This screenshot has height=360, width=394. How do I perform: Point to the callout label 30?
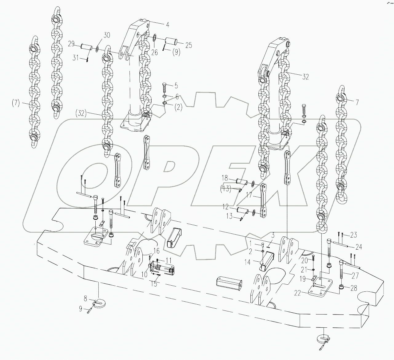point(106,35)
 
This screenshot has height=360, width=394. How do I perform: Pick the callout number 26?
point(154,53)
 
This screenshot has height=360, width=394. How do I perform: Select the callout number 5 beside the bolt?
point(176,85)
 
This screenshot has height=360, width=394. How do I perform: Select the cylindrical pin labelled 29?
point(86,47)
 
